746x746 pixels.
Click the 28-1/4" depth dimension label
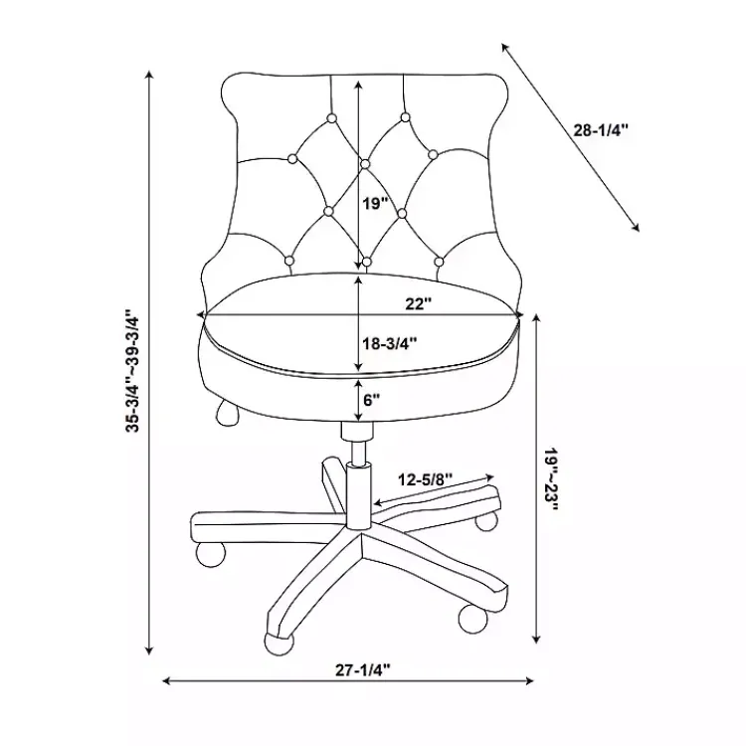[601, 130]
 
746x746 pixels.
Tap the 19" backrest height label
[375, 204]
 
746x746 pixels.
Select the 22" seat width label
[418, 303]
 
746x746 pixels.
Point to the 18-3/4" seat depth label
[390, 342]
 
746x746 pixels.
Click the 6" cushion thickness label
[372, 400]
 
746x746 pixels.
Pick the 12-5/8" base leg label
[426, 479]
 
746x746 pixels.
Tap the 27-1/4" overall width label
[363, 669]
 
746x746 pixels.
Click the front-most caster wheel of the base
[278, 644]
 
